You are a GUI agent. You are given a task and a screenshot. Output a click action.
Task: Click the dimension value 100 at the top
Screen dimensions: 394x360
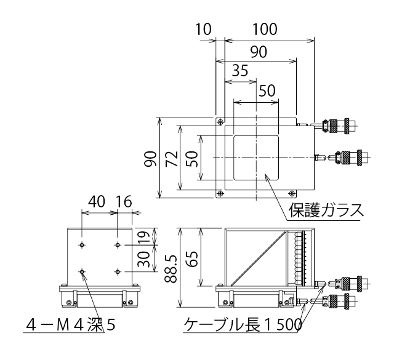[265, 29]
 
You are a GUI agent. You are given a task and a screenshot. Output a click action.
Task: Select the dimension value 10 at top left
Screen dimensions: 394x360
[203, 29]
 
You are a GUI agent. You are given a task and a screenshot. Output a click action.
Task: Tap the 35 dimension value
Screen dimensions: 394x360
[240, 70]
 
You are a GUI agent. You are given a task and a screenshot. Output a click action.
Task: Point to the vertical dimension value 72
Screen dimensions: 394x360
[172, 159]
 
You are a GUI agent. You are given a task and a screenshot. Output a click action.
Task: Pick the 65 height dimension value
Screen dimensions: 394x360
[193, 259]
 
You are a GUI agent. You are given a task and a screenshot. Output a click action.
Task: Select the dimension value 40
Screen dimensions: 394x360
[97, 201]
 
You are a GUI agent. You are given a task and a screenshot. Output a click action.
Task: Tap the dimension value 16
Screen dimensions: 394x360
[124, 201]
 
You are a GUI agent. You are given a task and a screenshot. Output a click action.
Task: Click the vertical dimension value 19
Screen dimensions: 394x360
[145, 236]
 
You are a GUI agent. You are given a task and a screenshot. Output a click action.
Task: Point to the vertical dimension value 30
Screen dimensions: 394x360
[145, 259]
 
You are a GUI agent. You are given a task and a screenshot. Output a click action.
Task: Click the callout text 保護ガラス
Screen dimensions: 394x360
[326, 210]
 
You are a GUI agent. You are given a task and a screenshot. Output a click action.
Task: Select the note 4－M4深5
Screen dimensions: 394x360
[71, 325]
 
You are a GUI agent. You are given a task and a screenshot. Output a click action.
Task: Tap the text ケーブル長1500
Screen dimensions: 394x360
[243, 324]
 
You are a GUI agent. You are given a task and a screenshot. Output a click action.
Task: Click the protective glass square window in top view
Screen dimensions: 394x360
[256, 158]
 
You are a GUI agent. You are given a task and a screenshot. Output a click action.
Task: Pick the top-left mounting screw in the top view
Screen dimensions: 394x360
[220, 122]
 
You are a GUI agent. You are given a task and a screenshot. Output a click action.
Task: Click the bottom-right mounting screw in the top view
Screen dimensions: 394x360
[291, 193]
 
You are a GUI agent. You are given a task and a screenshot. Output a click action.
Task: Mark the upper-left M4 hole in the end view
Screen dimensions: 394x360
[82, 245]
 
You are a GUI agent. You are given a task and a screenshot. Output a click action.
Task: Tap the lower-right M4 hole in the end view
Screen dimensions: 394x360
[118, 271]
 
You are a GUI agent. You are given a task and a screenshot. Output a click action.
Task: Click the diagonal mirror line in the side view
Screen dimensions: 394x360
[259, 258]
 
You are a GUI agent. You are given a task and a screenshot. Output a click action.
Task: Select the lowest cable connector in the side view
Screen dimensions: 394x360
[336, 300]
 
